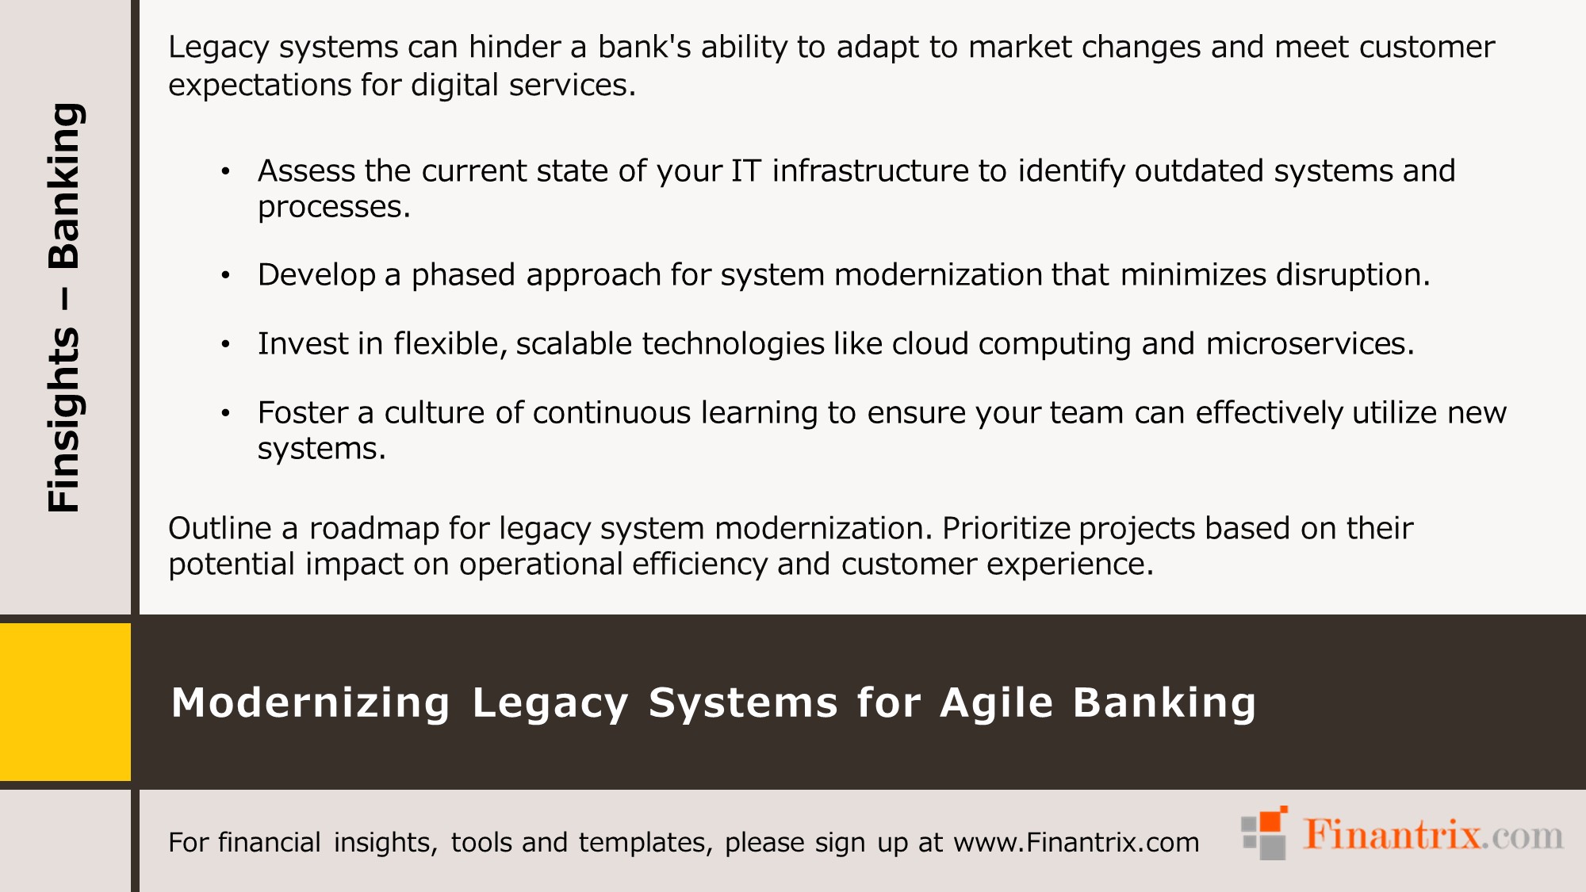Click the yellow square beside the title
pyautogui.click(x=65, y=702)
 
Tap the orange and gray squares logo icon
pyautogui.click(x=1264, y=834)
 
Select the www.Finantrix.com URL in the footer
pyautogui.click(x=1076, y=842)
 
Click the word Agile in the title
pyautogui.click(x=997, y=702)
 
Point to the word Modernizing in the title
pyautogui.click(x=311, y=702)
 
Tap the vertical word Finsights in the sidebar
pyautogui.click(x=63, y=419)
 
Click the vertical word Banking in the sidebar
pyautogui.click(x=63, y=186)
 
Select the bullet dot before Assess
pyautogui.click(x=225, y=171)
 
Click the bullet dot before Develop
pyautogui.click(x=225, y=275)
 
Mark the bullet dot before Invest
pyautogui.click(x=225, y=344)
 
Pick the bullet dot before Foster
pyautogui.click(x=225, y=413)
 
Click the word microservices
pyautogui.click(x=1309, y=344)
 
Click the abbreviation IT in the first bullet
pyautogui.click(x=745, y=171)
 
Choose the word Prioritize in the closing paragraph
pyautogui.click(x=1006, y=529)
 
